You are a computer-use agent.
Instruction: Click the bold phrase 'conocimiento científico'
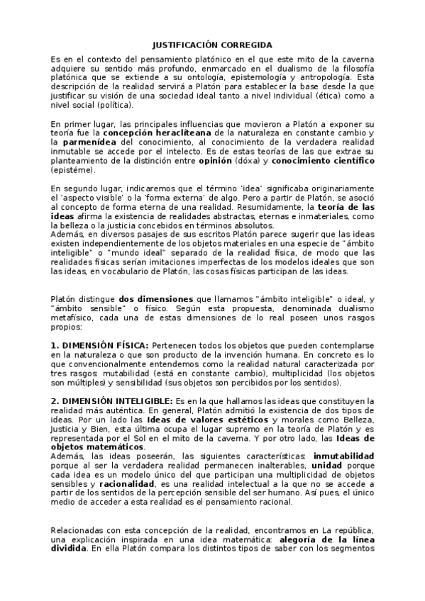tap(333, 161)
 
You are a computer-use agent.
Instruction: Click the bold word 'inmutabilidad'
tap(344, 456)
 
